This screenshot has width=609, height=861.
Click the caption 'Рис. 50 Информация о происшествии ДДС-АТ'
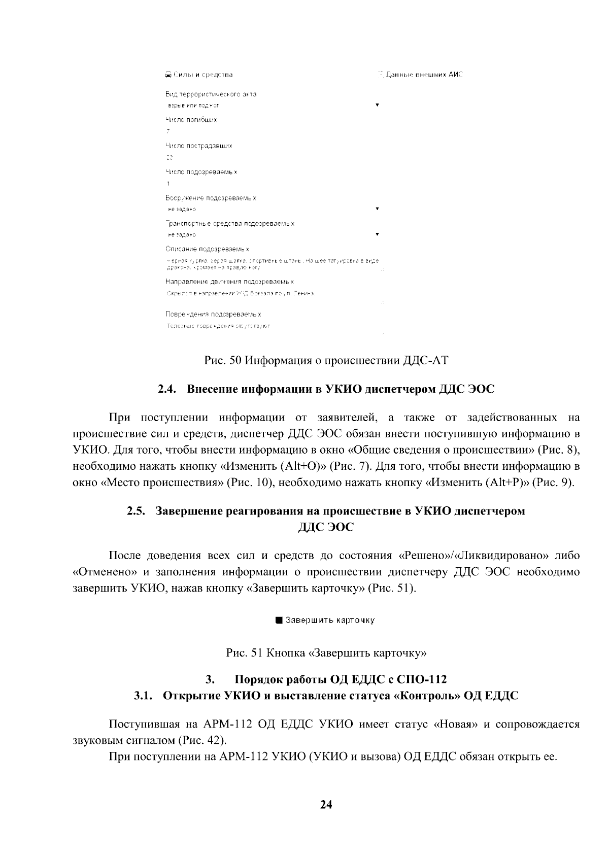tap(326, 361)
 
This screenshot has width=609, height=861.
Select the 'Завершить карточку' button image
tap(325, 620)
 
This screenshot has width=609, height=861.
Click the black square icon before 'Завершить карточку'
tap(279, 620)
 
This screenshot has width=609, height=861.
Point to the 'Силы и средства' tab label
tap(199, 75)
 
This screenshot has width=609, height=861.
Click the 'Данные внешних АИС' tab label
tap(420, 75)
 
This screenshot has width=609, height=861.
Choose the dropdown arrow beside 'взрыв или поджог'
tap(377, 105)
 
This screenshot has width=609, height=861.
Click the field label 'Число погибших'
tap(191, 120)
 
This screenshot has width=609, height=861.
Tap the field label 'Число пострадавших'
tap(199, 146)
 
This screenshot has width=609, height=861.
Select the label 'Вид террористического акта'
tap(211, 94)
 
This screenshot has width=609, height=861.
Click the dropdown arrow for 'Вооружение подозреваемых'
tap(377, 209)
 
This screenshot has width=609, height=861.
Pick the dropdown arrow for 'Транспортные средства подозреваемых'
tap(377, 234)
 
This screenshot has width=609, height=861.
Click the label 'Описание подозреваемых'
tap(207, 249)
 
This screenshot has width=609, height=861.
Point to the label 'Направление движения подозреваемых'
tap(229, 281)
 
